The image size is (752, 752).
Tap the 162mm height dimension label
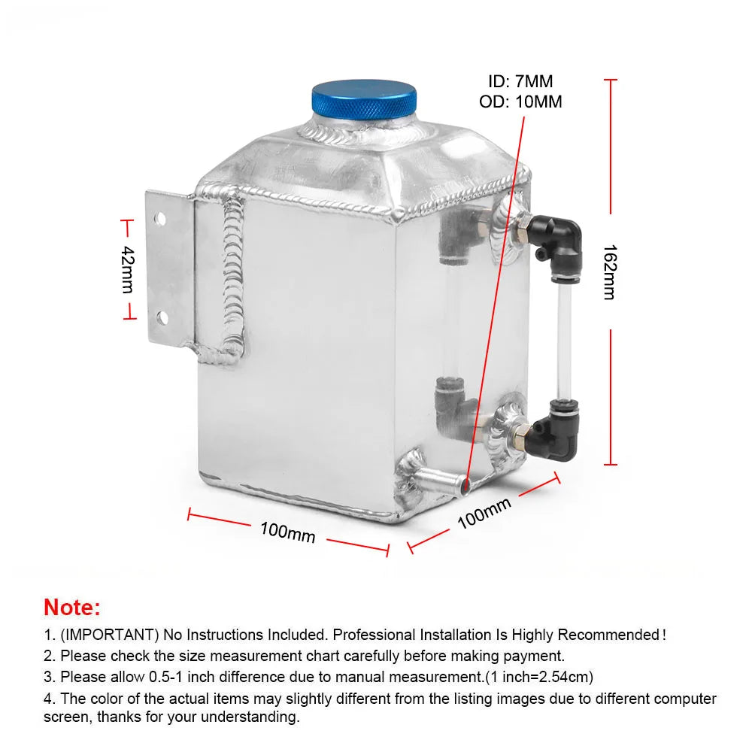pyautogui.click(x=610, y=272)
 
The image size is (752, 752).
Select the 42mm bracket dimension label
pyautogui.click(x=127, y=269)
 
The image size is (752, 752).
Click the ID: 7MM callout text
pyautogui.click(x=520, y=81)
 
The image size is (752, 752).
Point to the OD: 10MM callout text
pyautogui.click(x=520, y=102)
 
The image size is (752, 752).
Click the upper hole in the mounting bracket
pyautogui.click(x=160, y=219)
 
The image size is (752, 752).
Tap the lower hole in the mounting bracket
pyautogui.click(x=162, y=317)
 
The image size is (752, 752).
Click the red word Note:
pyautogui.click(x=72, y=607)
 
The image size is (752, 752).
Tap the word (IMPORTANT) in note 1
pyautogui.click(x=109, y=635)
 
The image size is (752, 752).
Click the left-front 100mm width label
pyautogui.click(x=287, y=532)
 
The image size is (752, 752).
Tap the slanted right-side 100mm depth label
pyautogui.click(x=484, y=513)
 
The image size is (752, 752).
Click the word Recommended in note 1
pyautogui.click(x=608, y=635)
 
